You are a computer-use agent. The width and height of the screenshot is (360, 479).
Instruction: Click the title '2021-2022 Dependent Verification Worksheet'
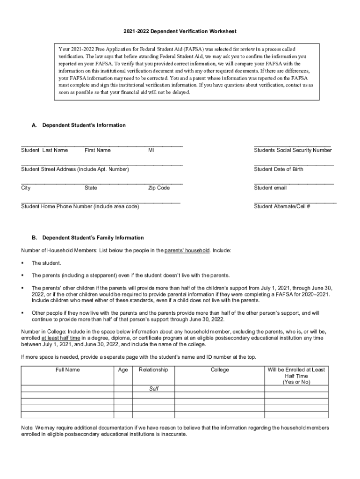(x=180, y=31)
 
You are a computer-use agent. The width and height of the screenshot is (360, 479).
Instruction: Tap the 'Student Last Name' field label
(x=44, y=150)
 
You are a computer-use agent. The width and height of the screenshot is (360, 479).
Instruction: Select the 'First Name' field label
(x=98, y=150)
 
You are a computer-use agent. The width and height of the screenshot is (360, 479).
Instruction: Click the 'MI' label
(x=151, y=150)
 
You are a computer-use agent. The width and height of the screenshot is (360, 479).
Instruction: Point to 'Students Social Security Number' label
(x=293, y=150)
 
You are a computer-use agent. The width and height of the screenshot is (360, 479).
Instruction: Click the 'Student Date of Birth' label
(x=279, y=169)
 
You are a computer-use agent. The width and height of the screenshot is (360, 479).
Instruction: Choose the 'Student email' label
(x=270, y=188)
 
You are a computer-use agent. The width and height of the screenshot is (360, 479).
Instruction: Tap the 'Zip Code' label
(x=159, y=188)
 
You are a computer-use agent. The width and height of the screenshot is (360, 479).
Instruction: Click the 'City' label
(x=26, y=188)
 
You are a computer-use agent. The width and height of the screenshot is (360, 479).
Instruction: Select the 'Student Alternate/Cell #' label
(x=282, y=206)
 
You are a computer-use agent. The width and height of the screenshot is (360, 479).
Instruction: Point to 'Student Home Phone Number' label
(x=80, y=206)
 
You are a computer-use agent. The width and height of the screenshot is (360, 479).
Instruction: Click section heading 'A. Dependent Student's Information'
(x=79, y=125)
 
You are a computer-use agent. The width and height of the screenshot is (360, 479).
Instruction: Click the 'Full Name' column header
(x=67, y=370)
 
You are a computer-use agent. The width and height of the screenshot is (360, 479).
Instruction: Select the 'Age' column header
(x=123, y=370)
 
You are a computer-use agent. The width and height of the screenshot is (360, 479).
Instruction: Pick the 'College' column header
(x=220, y=370)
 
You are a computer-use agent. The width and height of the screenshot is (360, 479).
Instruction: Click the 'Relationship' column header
(x=153, y=370)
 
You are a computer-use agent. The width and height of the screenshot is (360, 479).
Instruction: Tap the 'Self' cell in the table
(x=153, y=389)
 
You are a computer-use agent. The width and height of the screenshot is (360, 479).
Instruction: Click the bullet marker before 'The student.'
(x=22, y=263)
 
